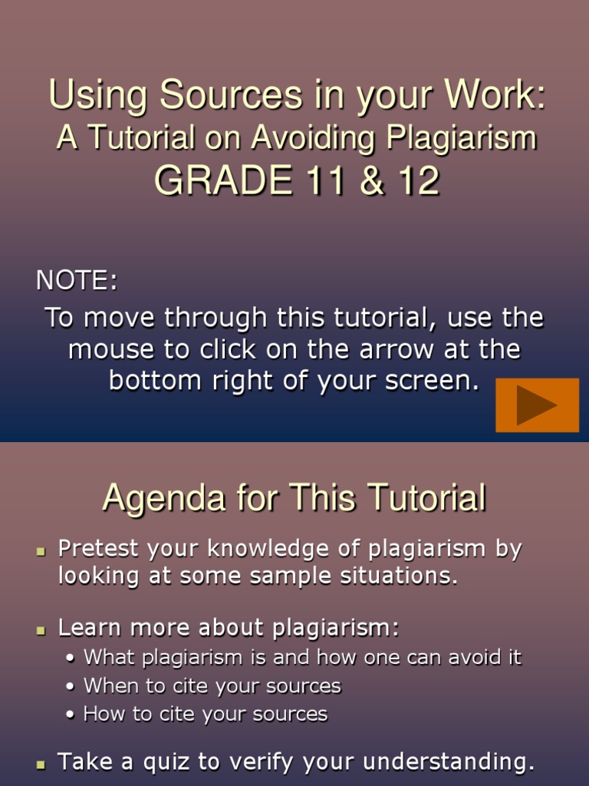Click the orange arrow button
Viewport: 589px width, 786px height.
coord(537,405)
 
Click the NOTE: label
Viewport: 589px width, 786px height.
coord(77,281)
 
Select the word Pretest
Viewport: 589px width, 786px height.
coord(98,549)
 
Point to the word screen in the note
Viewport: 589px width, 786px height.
coord(433,381)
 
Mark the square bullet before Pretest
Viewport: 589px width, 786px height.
coord(41,551)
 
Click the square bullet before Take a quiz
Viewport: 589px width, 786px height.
coord(41,764)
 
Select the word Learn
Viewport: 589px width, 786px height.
coord(87,628)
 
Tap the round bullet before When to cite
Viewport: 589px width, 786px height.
coord(71,686)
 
